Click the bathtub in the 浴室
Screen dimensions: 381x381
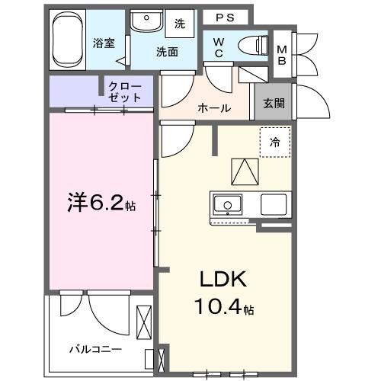pyautogui.click(x=71, y=39)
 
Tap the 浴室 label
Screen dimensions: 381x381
pyautogui.click(x=104, y=43)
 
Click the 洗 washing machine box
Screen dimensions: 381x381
pyautogui.click(x=180, y=23)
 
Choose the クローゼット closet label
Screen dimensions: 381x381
pyautogui.click(x=125, y=92)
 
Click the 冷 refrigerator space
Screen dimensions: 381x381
pyautogui.click(x=274, y=142)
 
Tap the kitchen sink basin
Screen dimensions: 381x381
pyautogui.click(x=226, y=204)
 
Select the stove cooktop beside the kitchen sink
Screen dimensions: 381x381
pyautogui.click(x=273, y=204)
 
